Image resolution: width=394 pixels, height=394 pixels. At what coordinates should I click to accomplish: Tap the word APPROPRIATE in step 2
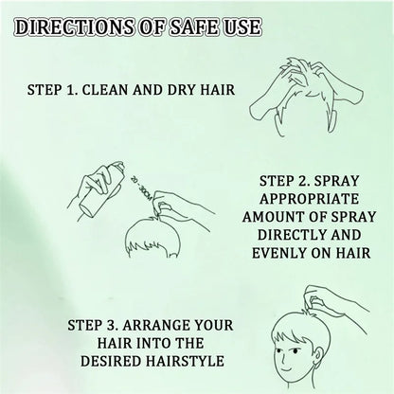click(x=315, y=200)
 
